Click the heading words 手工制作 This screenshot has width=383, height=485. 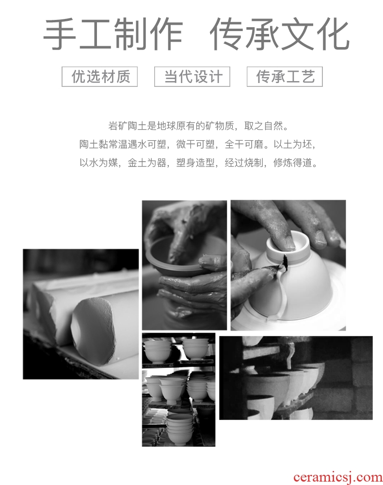click(x=113, y=34)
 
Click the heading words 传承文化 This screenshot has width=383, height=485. click(x=280, y=34)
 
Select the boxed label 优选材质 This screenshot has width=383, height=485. click(x=100, y=77)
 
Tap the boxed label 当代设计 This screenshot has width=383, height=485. click(x=192, y=77)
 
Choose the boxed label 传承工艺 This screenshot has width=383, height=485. click(x=285, y=77)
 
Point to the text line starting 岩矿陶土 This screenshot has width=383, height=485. click(x=198, y=126)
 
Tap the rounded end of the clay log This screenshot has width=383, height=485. click(x=93, y=327)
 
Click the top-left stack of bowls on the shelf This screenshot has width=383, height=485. click(x=158, y=351)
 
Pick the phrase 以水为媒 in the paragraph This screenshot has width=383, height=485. click(x=99, y=162)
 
